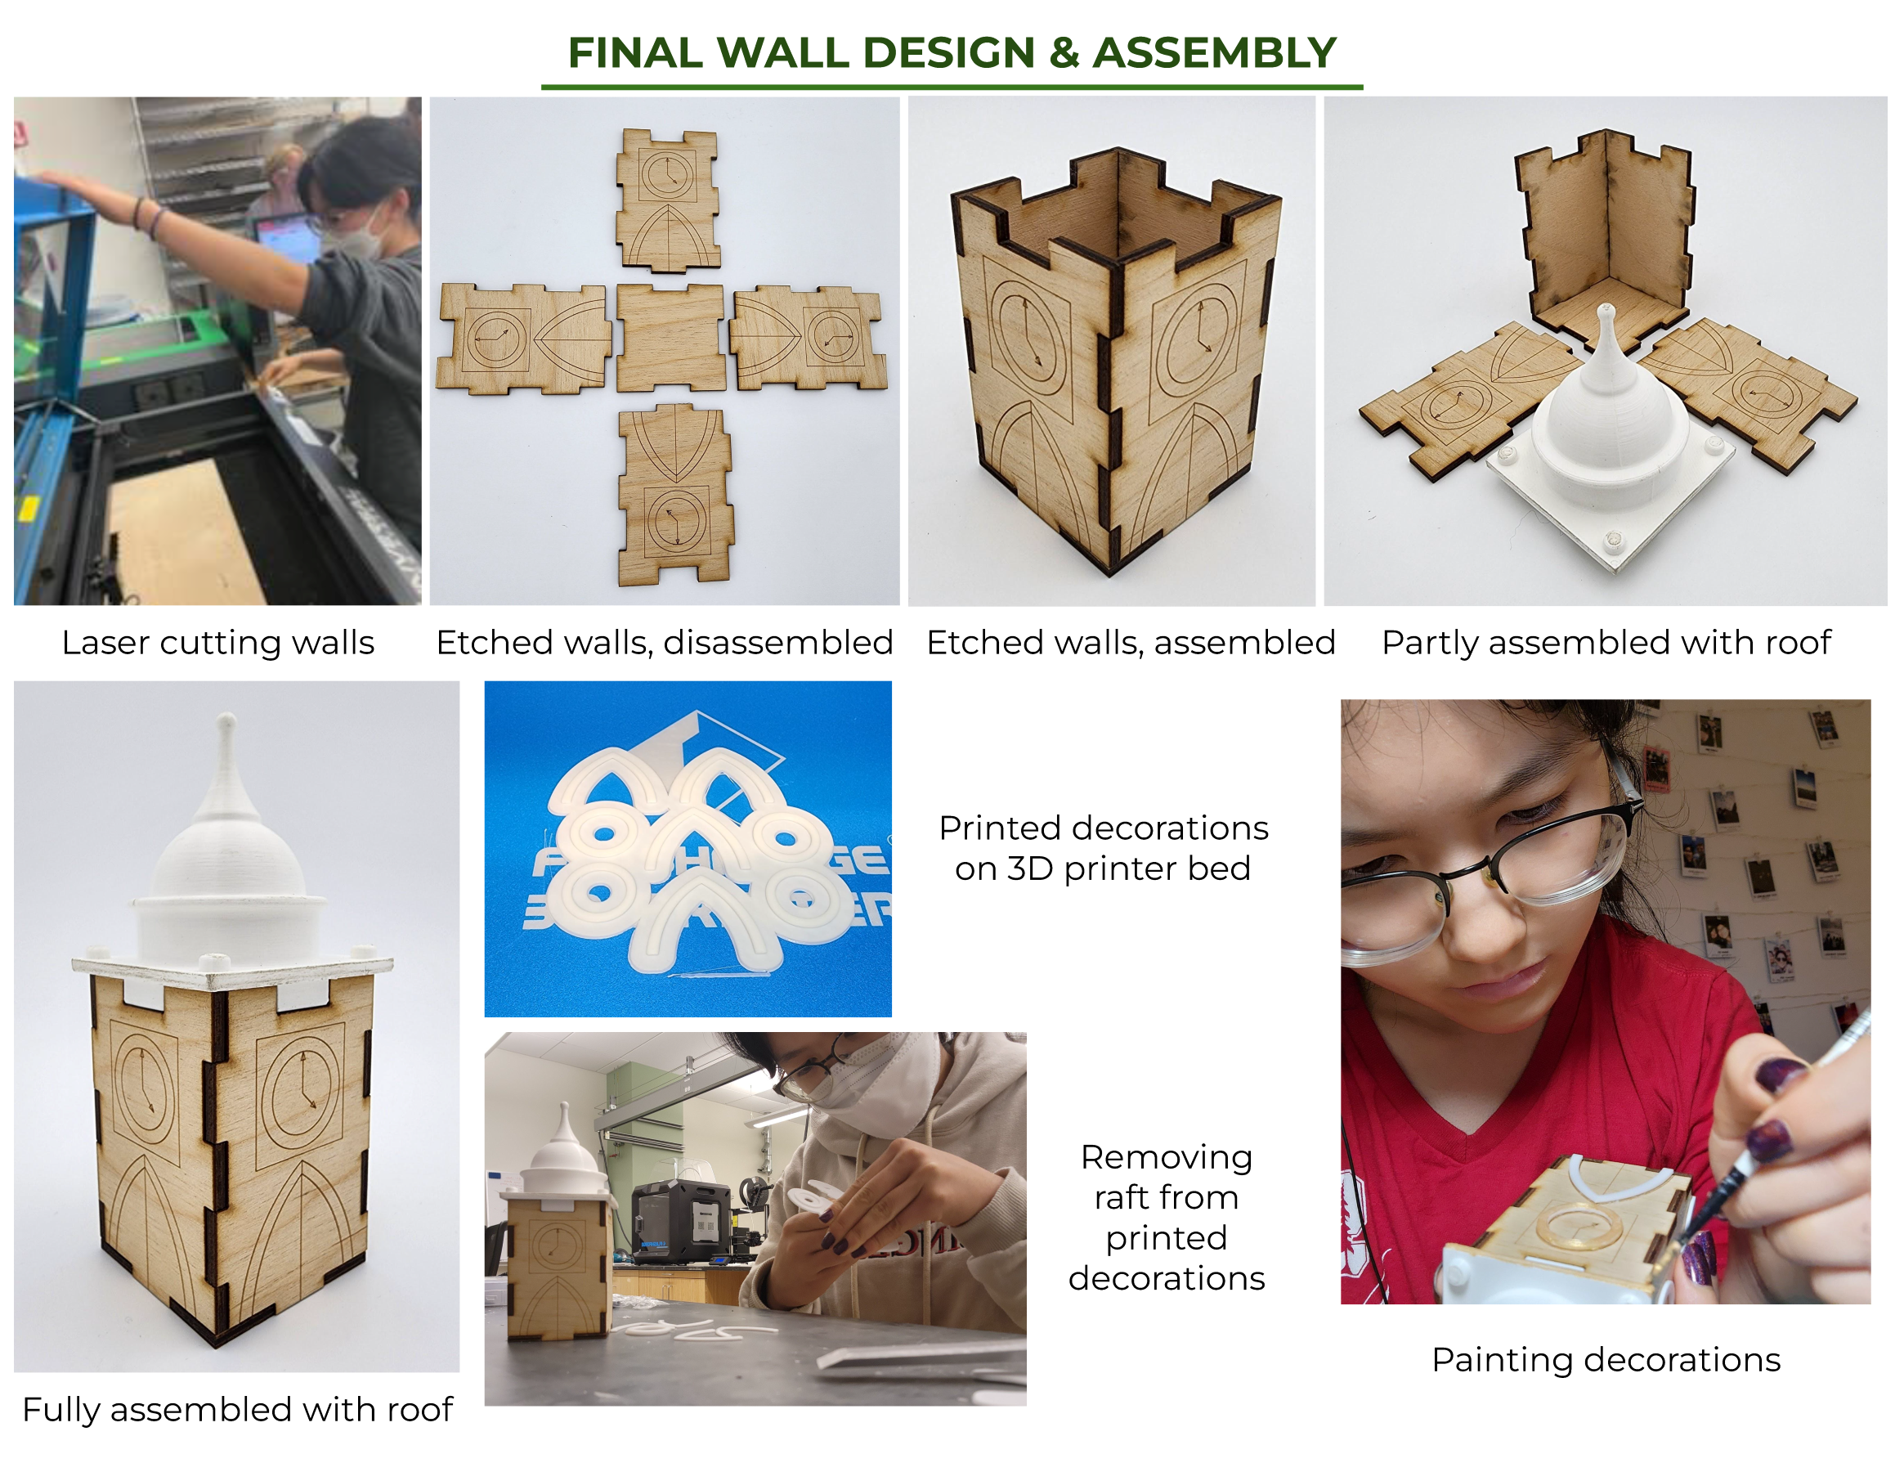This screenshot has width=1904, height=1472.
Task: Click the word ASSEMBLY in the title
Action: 1214,52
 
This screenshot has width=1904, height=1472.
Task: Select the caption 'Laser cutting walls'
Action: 218,643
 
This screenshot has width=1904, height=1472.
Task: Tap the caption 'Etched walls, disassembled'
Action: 665,643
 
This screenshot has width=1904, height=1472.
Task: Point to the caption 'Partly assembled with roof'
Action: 1606,643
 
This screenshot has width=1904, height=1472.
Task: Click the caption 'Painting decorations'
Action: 1606,1359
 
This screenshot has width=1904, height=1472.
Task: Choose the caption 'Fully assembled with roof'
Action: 237,1409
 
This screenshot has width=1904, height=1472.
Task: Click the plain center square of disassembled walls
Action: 670,338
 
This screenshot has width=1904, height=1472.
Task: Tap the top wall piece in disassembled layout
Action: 668,200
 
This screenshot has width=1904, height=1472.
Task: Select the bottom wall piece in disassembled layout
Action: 675,495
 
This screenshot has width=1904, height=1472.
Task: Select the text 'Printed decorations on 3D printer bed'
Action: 1103,847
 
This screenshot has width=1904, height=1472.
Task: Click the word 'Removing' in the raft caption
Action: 1167,1157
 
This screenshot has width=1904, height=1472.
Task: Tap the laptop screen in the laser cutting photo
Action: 288,240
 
